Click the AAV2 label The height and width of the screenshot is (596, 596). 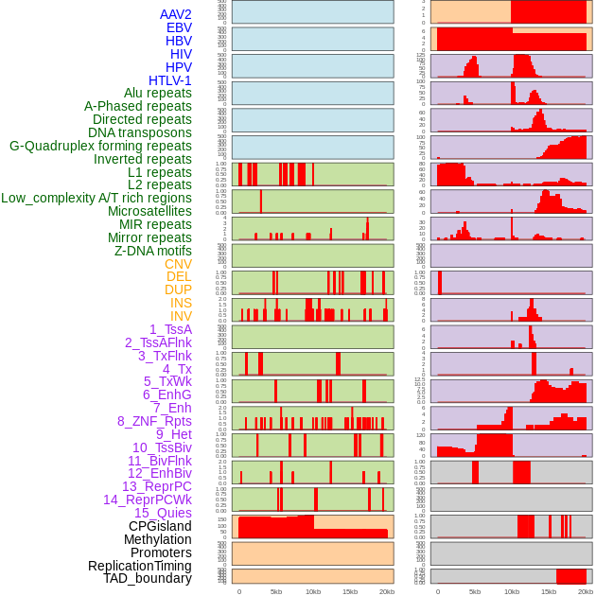tap(175, 15)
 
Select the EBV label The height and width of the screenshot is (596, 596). tap(179, 28)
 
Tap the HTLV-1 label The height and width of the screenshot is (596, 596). tap(169, 80)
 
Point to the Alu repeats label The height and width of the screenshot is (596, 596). tap(157, 94)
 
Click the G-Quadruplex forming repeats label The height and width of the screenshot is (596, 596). tap(100, 146)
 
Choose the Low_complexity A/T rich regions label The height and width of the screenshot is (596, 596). tap(96, 198)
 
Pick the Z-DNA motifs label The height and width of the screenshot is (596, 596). tap(153, 251)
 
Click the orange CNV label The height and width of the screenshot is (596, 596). tap(178, 264)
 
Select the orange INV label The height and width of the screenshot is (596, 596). tap(181, 316)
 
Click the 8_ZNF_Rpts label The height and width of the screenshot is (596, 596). tap(154, 421)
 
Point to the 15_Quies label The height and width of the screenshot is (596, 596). tap(163, 513)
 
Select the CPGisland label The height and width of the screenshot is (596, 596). tap(160, 526)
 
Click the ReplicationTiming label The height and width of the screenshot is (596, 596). tap(139, 566)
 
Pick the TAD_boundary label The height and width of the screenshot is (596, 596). tap(147, 578)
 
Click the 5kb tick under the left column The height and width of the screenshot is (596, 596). tap(276, 591)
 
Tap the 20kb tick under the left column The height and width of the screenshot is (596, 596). tap(386, 591)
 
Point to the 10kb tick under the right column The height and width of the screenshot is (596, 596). tap(512, 591)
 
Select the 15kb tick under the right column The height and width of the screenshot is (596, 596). tap(549, 591)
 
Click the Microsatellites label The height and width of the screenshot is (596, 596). tap(149, 211)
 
